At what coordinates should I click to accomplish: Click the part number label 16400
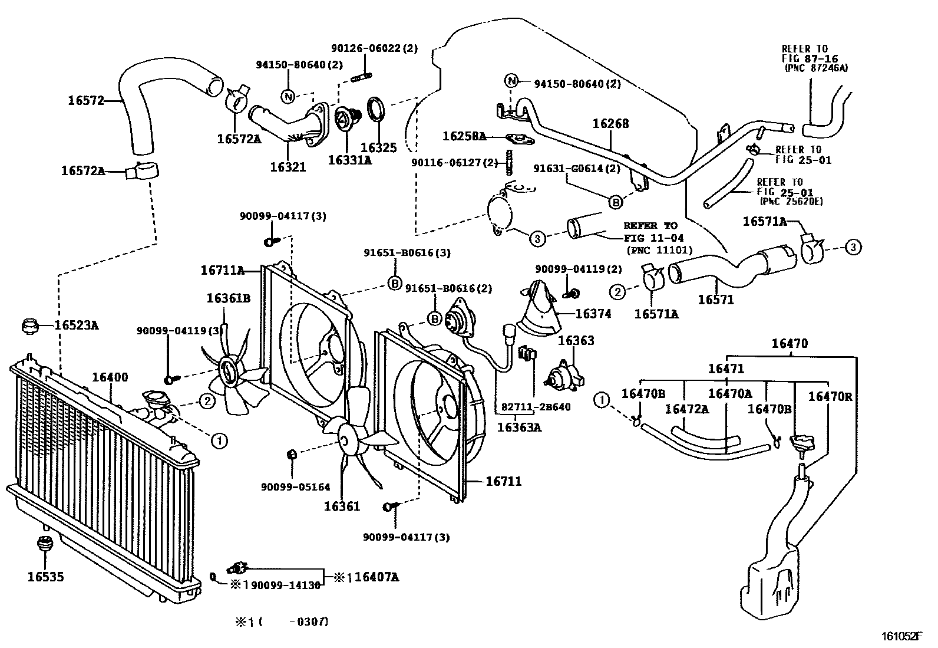[x=110, y=377]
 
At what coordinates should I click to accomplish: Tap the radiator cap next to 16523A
[x=29, y=325]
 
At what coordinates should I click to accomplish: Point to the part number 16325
[x=378, y=147]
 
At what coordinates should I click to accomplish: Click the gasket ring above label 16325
[x=377, y=110]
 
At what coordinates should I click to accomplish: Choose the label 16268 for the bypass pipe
[x=610, y=124]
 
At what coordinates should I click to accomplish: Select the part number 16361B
[x=228, y=298]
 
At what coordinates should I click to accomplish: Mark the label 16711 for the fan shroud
[x=504, y=482]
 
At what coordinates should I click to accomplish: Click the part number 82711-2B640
[x=536, y=407]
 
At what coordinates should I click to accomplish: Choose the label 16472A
[x=686, y=409]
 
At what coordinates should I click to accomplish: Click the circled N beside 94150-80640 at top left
[x=289, y=96]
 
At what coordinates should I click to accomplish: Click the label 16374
[x=593, y=314]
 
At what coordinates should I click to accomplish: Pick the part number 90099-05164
[x=296, y=487]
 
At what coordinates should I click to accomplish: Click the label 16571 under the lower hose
[x=716, y=300]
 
